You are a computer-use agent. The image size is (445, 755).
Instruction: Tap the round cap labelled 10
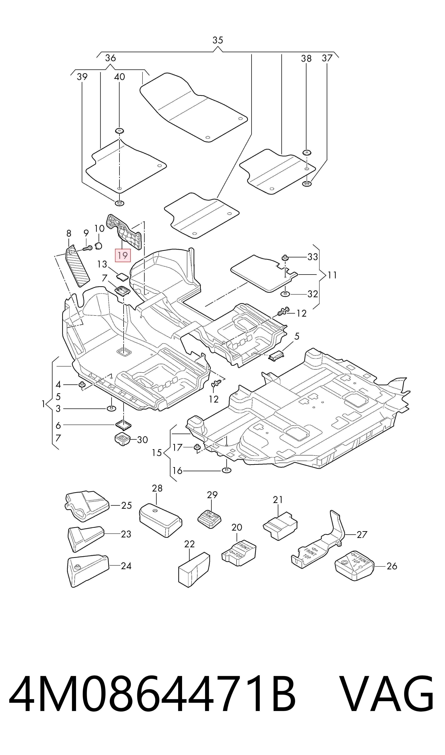coord(99,246)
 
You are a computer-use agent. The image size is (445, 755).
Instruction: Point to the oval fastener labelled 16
coord(226,470)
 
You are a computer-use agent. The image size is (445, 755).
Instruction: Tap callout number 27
coord(362,534)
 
